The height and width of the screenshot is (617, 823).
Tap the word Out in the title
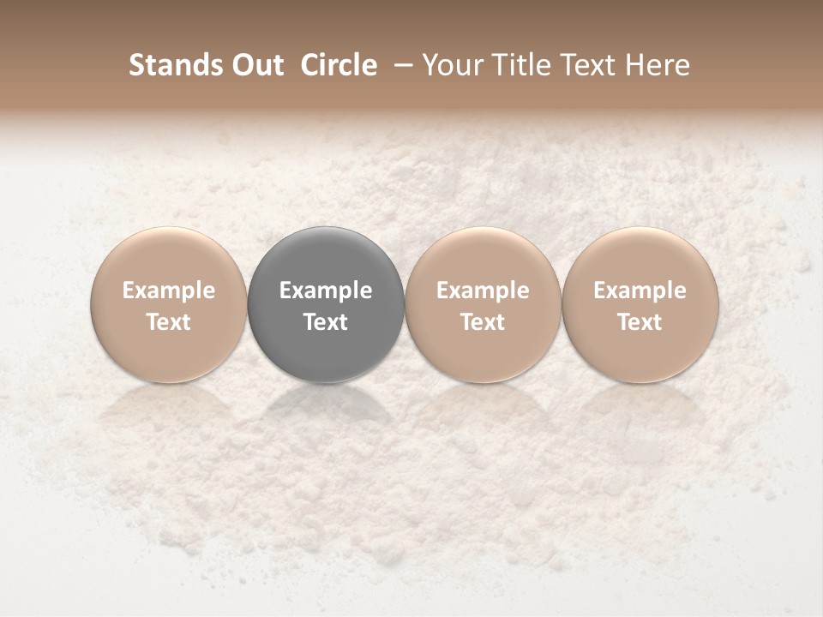tap(255, 65)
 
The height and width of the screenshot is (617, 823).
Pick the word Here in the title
tap(658, 65)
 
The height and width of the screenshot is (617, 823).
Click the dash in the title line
tap(400, 66)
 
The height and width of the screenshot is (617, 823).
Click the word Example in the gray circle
tap(326, 291)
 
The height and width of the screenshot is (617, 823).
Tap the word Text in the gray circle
tap(326, 322)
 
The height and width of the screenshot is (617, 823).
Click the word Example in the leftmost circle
tap(169, 291)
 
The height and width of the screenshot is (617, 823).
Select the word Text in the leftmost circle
tap(169, 322)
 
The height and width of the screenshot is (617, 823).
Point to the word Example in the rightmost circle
tap(640, 291)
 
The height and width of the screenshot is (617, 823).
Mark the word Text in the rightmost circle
tap(640, 322)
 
